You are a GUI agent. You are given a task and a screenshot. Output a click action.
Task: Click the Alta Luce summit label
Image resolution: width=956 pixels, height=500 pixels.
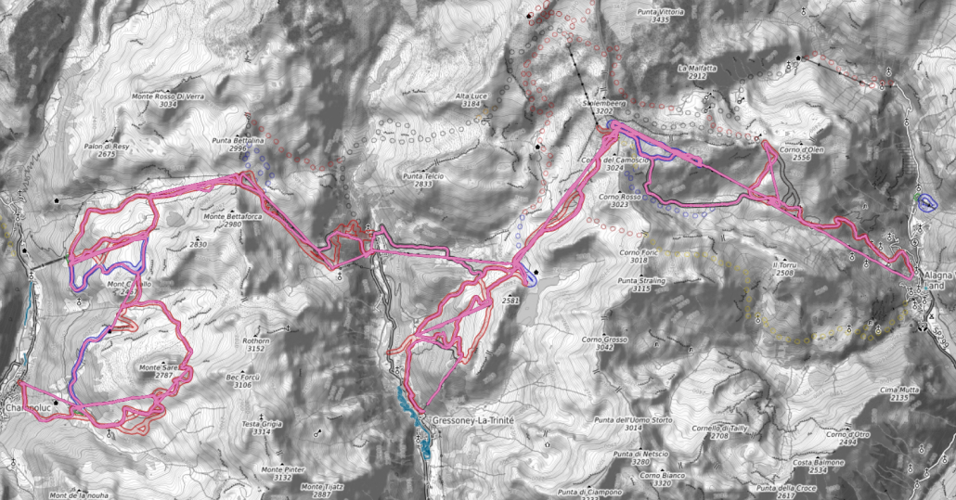pos(471,96)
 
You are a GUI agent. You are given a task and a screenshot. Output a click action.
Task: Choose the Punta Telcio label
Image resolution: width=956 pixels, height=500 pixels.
pos(424,175)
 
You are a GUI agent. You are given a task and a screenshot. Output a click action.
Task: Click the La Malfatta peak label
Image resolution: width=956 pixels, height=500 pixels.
pos(698,68)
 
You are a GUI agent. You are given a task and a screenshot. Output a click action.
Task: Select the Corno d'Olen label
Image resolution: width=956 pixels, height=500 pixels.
pos(802,149)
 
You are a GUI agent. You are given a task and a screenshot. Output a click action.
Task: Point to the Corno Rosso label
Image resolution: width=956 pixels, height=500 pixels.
pos(621,197)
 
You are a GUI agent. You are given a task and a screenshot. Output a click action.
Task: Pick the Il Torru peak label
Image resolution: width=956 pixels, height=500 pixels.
pos(784,264)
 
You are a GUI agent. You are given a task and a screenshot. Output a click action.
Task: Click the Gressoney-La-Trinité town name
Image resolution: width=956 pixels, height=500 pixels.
pos(473,420)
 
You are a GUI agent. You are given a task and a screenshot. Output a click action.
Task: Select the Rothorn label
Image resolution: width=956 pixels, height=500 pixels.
pos(256,341)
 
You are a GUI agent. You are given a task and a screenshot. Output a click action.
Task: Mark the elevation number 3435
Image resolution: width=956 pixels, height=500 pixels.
pos(661,19)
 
